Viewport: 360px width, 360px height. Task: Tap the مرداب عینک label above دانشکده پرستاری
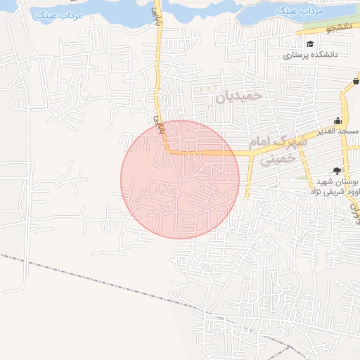coord(298,12)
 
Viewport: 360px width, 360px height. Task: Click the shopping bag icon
coord(356,82)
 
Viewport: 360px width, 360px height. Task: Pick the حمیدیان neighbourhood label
coord(238,96)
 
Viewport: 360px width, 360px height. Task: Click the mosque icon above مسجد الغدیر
coord(337,120)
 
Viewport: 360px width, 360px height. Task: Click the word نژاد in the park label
coord(319,191)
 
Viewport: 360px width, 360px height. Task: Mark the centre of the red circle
coord(180,179)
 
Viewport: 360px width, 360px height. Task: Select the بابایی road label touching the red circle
coord(158,124)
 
